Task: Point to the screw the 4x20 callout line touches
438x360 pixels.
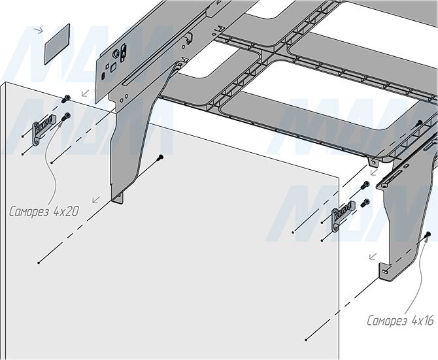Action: (x=67, y=117)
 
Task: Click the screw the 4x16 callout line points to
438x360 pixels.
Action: (x=428, y=233)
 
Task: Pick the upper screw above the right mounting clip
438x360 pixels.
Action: (x=365, y=186)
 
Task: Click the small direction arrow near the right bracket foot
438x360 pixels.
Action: (x=373, y=257)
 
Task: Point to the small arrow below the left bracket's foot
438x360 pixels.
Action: (x=96, y=200)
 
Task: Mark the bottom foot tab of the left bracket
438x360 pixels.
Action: (x=119, y=197)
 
